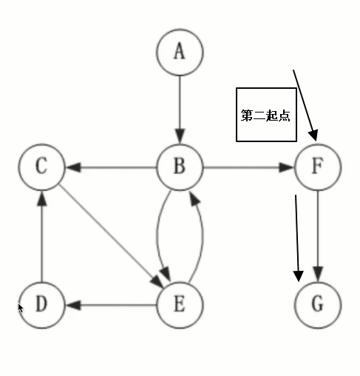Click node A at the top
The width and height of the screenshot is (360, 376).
pyautogui.click(x=180, y=52)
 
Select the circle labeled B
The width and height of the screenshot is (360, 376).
pyautogui.click(x=180, y=167)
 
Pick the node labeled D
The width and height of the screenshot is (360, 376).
pyautogui.click(x=41, y=304)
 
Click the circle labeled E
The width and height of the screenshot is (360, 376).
pyautogui.click(x=180, y=304)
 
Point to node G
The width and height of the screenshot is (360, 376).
pyautogui.click(x=317, y=304)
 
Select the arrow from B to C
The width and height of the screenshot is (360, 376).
pyautogui.click(x=111, y=167)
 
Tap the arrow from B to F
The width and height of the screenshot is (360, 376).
pyautogui.click(x=248, y=167)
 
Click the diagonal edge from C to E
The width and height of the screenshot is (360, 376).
pyautogui.click(x=111, y=235)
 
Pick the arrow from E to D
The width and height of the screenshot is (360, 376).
pyautogui.click(x=111, y=304)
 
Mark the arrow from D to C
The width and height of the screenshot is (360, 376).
pyautogui.click(x=41, y=235)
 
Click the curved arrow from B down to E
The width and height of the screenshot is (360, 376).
pyautogui.click(x=158, y=235)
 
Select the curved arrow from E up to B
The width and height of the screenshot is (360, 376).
pyautogui.click(x=201, y=235)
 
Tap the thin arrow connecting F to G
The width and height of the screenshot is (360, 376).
pyautogui.click(x=317, y=235)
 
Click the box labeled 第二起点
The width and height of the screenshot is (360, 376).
pyautogui.click(x=265, y=115)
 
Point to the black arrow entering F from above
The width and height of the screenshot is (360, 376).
pyautogui.click(x=305, y=104)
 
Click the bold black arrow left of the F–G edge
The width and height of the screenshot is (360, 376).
pyautogui.click(x=298, y=237)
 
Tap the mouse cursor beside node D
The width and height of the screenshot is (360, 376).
pyautogui.click(x=21, y=307)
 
